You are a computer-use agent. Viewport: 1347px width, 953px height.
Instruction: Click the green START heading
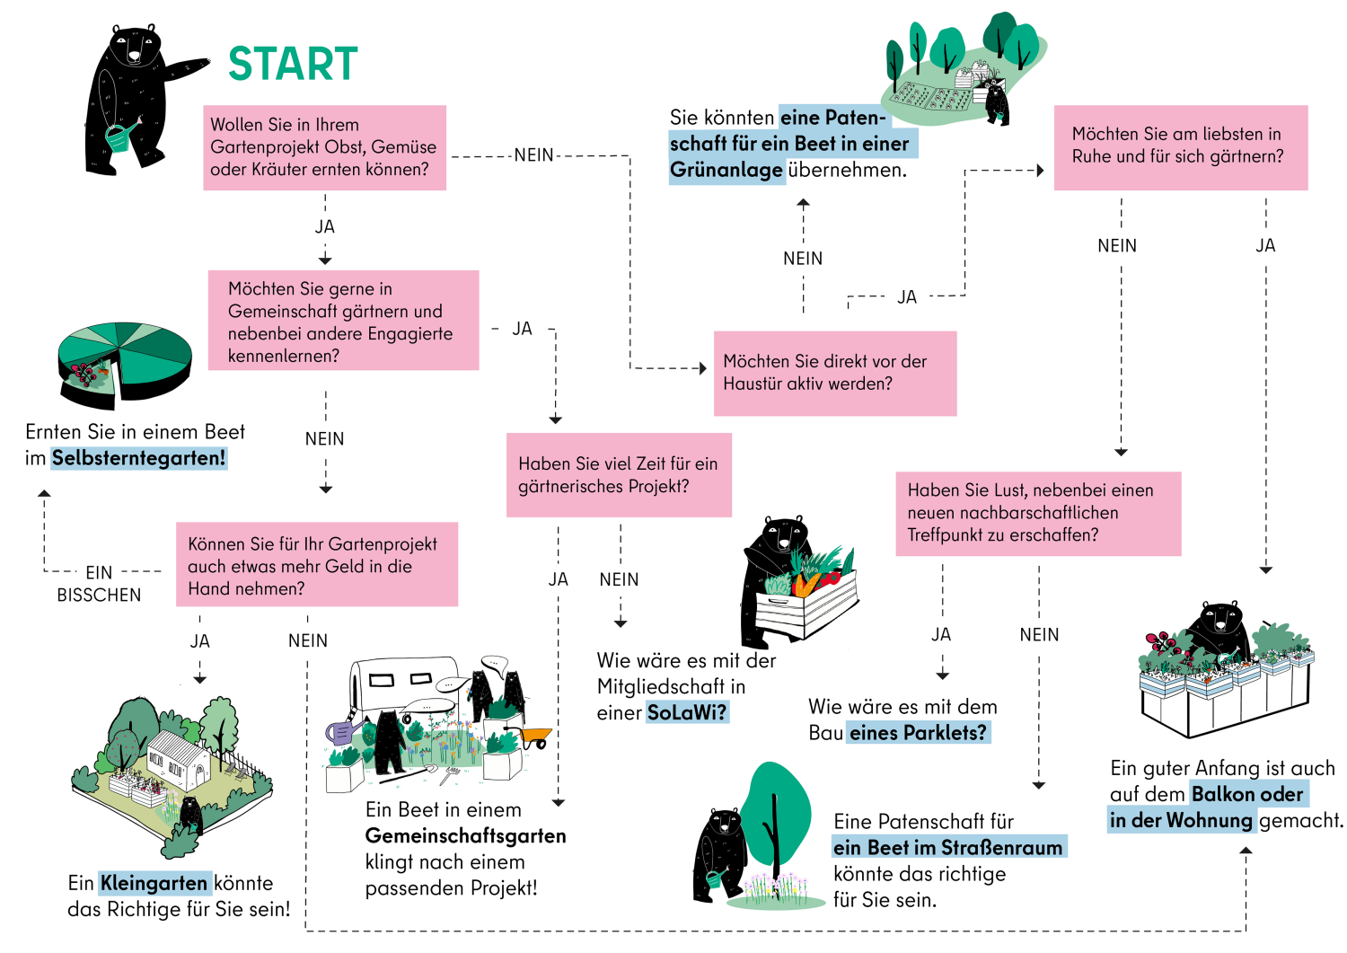(x=293, y=64)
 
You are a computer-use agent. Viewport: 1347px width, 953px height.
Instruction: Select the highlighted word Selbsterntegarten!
(x=139, y=458)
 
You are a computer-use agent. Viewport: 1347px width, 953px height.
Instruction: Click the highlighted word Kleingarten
(x=154, y=883)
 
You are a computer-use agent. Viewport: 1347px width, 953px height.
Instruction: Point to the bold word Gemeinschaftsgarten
(x=465, y=836)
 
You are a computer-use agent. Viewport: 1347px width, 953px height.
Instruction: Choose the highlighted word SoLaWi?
(x=687, y=712)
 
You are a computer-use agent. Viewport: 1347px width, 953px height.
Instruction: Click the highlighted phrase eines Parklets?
(x=919, y=733)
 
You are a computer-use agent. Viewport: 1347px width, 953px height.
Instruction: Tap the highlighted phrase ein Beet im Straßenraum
(x=949, y=847)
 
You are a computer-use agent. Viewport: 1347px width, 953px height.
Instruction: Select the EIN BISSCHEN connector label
(x=99, y=583)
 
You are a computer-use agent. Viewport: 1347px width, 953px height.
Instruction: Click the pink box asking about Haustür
(x=834, y=373)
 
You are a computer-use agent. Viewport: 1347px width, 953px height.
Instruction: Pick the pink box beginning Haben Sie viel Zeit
(x=619, y=474)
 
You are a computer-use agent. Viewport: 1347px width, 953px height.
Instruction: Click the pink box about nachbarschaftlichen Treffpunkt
(x=1038, y=513)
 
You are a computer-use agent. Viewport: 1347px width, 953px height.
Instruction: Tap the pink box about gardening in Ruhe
(x=1181, y=147)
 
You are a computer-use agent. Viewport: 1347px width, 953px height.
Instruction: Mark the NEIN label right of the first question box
(x=533, y=155)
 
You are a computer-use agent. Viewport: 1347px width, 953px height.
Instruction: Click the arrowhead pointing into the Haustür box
(x=703, y=368)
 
